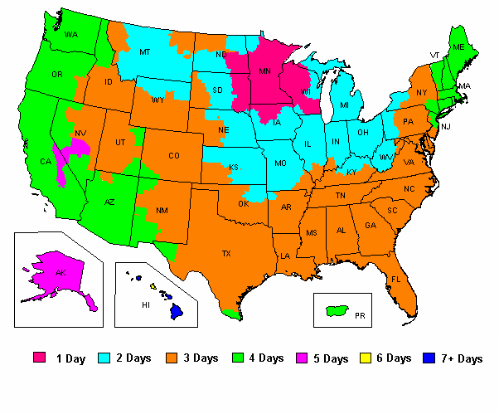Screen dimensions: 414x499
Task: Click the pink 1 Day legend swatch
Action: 39,358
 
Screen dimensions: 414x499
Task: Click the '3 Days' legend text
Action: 200,358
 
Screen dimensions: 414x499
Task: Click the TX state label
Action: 225,253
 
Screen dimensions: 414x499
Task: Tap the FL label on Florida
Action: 396,279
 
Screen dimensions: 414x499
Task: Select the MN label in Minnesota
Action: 265,72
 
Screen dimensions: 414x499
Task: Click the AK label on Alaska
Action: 59,272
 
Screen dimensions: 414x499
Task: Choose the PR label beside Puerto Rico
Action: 359,316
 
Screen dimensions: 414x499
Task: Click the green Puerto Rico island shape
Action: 336,311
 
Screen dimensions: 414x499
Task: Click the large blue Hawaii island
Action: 176,312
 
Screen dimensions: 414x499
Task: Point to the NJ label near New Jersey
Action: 445,126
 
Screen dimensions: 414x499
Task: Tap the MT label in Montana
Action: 144,52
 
